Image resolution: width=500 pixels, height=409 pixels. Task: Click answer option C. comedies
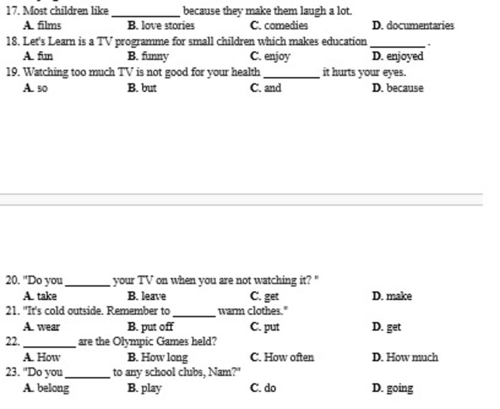[x=279, y=26]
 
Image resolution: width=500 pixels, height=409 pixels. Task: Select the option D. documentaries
[x=413, y=26]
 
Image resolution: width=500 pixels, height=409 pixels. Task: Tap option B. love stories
[x=161, y=26]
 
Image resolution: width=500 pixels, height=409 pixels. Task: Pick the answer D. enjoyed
[x=397, y=57]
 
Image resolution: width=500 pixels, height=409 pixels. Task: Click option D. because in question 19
[x=397, y=88]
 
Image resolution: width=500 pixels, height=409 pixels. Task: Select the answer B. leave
[x=146, y=296]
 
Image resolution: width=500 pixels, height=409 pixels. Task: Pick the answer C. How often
[x=282, y=357]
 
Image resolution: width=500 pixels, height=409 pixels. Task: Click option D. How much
[x=405, y=357]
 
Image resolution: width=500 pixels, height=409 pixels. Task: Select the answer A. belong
[x=46, y=389]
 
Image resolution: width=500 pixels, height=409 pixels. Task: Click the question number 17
[x=12, y=11]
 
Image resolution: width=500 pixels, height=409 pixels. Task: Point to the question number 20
[x=12, y=281]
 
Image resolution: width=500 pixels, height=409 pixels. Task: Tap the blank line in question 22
[x=49, y=346]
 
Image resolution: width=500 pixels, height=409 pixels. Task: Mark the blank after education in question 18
[x=397, y=45]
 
